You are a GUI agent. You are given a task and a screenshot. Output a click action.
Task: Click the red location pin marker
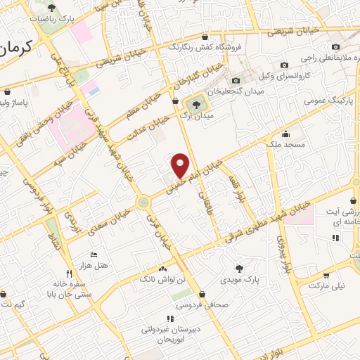tap(181, 165)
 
